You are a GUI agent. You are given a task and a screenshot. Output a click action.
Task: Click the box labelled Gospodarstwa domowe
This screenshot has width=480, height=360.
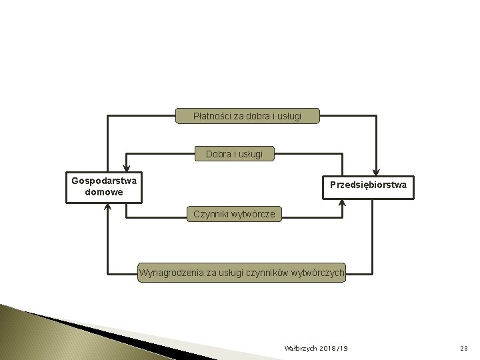(x=103, y=187)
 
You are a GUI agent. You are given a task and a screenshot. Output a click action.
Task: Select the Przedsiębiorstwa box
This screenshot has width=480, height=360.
(x=368, y=184)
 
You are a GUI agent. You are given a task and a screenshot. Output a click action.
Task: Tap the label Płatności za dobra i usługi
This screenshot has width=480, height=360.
(x=247, y=116)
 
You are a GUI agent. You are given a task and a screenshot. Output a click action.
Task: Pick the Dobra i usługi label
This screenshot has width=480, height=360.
(x=234, y=154)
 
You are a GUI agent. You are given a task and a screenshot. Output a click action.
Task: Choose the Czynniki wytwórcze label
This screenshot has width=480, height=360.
(x=234, y=214)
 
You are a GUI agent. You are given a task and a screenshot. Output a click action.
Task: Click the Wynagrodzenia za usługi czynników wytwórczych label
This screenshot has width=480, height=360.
(x=241, y=272)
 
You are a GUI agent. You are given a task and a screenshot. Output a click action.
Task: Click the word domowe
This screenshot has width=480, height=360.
(x=104, y=193)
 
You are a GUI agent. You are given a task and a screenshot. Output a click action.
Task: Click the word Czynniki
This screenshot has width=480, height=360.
(x=210, y=214)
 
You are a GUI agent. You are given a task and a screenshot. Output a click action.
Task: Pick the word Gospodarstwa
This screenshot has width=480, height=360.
(x=104, y=181)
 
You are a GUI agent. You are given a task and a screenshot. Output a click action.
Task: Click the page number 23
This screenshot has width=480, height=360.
(x=465, y=349)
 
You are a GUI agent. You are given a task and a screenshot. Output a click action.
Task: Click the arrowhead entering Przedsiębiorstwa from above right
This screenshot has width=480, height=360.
(x=377, y=170)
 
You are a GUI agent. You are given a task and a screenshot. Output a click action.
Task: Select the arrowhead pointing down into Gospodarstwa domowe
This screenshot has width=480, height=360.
(x=125, y=170)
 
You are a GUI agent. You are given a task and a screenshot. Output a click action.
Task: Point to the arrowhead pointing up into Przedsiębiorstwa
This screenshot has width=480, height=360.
(x=342, y=203)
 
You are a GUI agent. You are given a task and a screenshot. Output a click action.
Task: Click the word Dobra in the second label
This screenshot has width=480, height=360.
(x=218, y=154)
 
